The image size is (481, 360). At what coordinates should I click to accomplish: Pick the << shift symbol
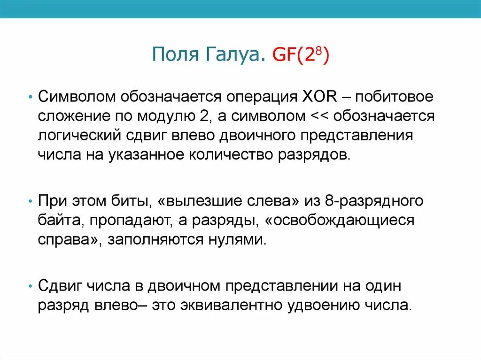320,116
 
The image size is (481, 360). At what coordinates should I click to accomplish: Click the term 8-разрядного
373,202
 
